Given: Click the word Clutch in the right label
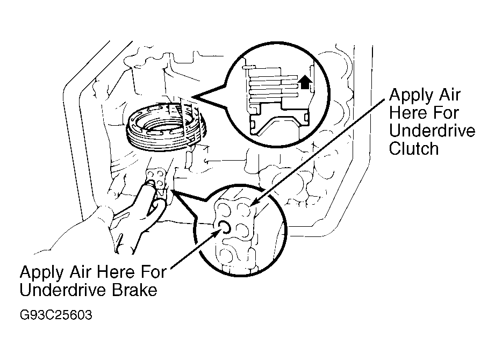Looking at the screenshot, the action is (413, 148).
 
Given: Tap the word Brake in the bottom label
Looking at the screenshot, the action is (134, 290).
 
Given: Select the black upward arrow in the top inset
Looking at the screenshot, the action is (305, 82).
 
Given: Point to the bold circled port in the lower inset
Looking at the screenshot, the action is (225, 227).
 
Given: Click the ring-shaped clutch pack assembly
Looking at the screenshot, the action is (166, 126).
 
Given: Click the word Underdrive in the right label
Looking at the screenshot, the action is (432, 131).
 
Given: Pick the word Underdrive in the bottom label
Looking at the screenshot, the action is (63, 290).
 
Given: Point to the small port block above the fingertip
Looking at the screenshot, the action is (155, 178).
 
